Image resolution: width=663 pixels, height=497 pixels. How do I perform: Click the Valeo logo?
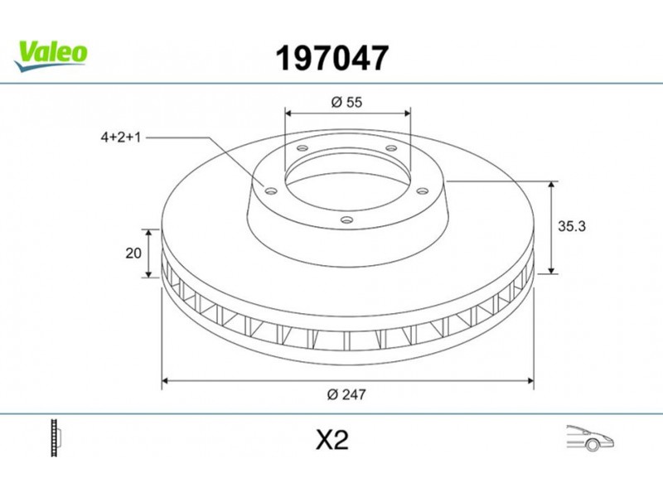click(51, 55)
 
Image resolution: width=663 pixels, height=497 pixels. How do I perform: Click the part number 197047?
click(332, 58)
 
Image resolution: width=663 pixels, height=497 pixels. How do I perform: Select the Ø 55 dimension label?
click(346, 102)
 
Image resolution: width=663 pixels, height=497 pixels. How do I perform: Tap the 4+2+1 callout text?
click(120, 138)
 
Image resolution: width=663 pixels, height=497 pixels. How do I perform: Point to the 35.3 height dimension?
click(572, 226)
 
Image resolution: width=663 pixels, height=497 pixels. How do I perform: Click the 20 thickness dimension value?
click(133, 253)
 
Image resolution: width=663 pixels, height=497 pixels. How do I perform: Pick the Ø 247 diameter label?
click(346, 394)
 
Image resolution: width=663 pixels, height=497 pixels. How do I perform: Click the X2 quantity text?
click(332, 440)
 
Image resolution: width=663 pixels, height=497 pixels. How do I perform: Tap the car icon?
click(590, 438)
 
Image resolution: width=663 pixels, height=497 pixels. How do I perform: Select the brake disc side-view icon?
click(56, 438)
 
